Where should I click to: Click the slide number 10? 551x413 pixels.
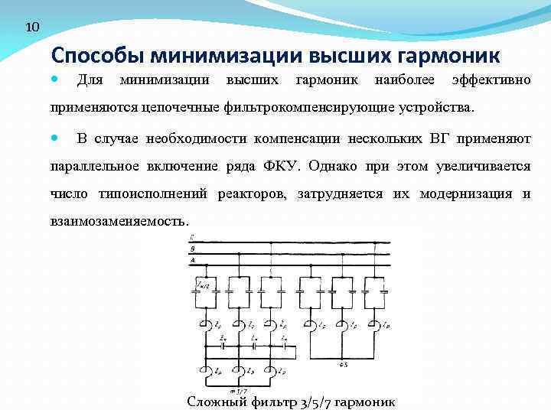pyautogui.click(x=31, y=28)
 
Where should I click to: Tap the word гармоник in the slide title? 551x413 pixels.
pyautogui.click(x=449, y=56)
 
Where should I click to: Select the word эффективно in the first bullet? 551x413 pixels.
pyautogui.click(x=491, y=80)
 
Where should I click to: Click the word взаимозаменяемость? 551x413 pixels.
pyautogui.click(x=119, y=221)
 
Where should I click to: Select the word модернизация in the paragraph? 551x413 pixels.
pyautogui.click(x=464, y=193)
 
